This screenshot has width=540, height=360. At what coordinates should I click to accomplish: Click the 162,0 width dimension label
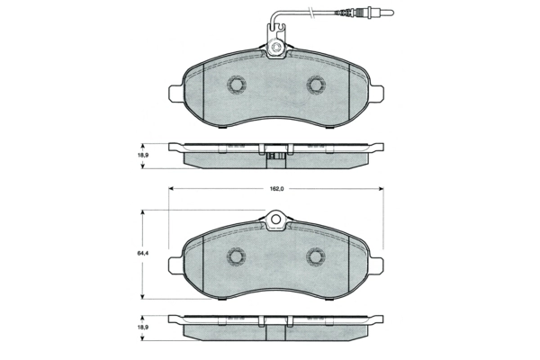(276, 189)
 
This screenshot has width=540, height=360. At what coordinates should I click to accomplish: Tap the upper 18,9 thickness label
(142, 154)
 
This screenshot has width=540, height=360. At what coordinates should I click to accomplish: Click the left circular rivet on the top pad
(237, 85)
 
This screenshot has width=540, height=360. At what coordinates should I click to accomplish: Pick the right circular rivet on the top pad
(316, 85)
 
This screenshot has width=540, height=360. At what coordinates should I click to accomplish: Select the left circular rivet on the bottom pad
(237, 256)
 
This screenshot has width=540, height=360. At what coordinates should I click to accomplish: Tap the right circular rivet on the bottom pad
(316, 256)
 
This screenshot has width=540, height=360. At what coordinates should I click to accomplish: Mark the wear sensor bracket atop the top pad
(276, 43)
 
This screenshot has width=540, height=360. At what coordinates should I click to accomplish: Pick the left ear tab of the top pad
(176, 90)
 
